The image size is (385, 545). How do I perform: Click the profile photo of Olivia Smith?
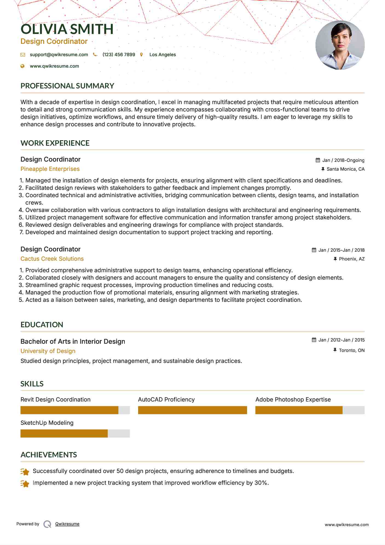pyautogui.click(x=340, y=45)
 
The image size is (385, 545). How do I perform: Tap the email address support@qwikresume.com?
pyautogui.click(x=59, y=55)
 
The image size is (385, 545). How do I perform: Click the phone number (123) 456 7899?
pyautogui.click(x=119, y=55)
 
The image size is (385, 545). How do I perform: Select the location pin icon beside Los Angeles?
pyautogui.click(x=141, y=55)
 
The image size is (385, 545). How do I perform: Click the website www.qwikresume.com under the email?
pyautogui.click(x=54, y=66)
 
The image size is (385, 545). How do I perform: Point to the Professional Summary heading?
pyautogui.click(x=67, y=86)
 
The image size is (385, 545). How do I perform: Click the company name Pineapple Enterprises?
pyautogui.click(x=50, y=169)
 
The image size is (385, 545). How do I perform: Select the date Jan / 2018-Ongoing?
pyautogui.click(x=343, y=160)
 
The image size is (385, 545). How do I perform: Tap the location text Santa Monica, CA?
pyautogui.click(x=345, y=169)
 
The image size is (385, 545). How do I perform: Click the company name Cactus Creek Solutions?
pyautogui.click(x=52, y=259)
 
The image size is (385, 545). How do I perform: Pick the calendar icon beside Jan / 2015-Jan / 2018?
pyautogui.click(x=314, y=250)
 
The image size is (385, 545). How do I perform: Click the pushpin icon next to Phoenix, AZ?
pyautogui.click(x=335, y=259)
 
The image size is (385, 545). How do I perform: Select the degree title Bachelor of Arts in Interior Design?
pyautogui.click(x=73, y=342)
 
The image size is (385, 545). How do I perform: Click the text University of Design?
pyautogui.click(x=48, y=351)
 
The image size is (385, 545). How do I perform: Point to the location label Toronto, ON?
pyautogui.click(x=352, y=350)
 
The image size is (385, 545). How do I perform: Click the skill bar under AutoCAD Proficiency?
pyautogui.click(x=192, y=410)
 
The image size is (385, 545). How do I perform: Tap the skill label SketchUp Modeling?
pyautogui.click(x=47, y=423)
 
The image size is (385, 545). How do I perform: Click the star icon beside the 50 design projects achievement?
pyautogui.click(x=25, y=472)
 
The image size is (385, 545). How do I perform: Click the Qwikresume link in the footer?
pyautogui.click(x=67, y=524)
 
